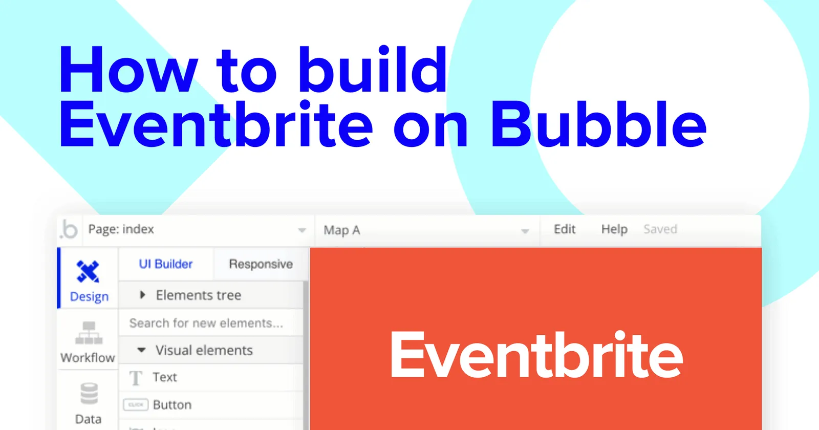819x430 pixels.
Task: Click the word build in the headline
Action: click(x=373, y=70)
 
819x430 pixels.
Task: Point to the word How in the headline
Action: click(x=128, y=70)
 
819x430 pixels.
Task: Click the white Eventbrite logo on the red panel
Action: click(x=536, y=354)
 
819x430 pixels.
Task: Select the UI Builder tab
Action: click(x=166, y=264)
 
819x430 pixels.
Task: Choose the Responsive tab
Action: click(x=261, y=264)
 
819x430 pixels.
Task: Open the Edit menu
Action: click(x=565, y=229)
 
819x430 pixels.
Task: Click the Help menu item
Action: click(x=614, y=229)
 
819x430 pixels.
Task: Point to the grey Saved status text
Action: click(x=660, y=229)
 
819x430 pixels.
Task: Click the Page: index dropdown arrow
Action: click(x=302, y=230)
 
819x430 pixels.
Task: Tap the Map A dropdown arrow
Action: click(x=525, y=231)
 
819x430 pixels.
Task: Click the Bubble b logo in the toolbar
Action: click(x=69, y=229)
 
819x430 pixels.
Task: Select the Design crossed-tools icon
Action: click(x=88, y=271)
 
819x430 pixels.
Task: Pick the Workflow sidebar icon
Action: click(x=89, y=333)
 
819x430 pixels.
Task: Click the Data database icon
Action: click(x=89, y=394)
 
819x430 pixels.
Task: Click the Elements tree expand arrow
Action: click(x=143, y=295)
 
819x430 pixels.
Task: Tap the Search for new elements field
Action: click(x=206, y=323)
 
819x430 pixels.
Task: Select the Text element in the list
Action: click(x=164, y=377)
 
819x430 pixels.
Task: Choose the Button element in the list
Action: click(x=172, y=405)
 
